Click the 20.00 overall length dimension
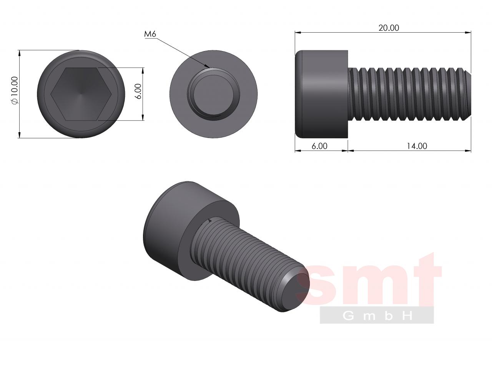pyautogui.click(x=389, y=28)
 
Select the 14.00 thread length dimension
pyautogui.click(x=417, y=146)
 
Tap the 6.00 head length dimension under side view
pyautogui.click(x=319, y=146)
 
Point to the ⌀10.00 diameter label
pyautogui.click(x=15, y=91)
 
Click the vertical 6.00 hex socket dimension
pyautogui.click(x=138, y=91)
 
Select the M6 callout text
pyautogui.click(x=150, y=34)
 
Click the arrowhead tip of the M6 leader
pyautogui.click(x=210, y=68)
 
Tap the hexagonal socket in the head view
pyautogui.click(x=81, y=94)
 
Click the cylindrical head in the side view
pyautogui.click(x=321, y=94)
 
